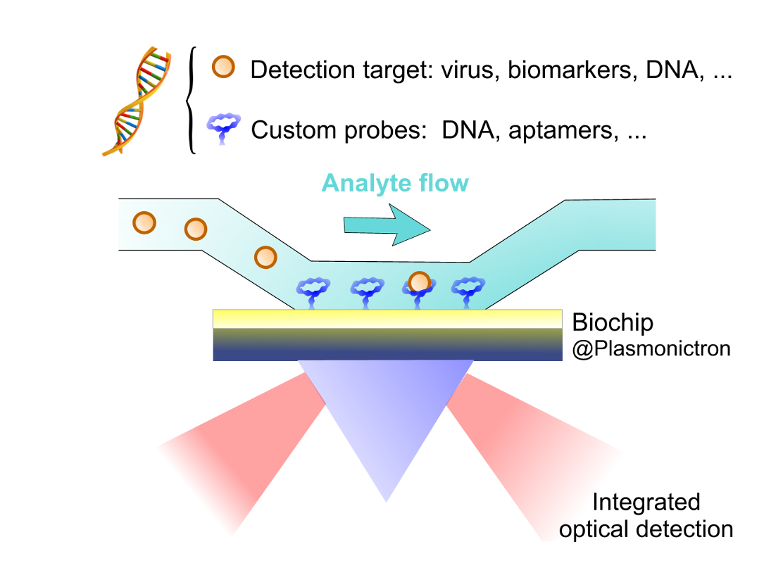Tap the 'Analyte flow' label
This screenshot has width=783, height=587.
(395, 183)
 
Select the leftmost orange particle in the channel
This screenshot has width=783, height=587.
(144, 222)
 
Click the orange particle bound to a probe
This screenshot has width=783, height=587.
(420, 282)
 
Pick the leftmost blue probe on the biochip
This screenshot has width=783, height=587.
(313, 293)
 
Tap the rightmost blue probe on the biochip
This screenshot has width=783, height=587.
(468, 293)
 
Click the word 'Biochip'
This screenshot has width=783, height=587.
(613, 323)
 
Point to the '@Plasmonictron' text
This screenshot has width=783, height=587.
(651, 348)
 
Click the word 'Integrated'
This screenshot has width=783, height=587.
(646, 503)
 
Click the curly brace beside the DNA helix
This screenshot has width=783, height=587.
(190, 100)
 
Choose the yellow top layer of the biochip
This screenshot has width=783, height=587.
(387, 319)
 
